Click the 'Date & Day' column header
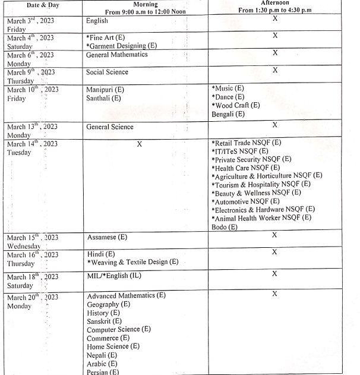33,5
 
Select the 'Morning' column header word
146,5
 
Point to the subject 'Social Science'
107,72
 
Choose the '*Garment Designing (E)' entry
121,45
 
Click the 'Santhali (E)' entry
104,98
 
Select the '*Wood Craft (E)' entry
236,105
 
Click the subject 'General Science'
110,127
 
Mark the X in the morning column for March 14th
139,144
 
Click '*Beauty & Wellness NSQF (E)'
256,193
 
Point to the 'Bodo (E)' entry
225,226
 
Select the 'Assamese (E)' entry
107,237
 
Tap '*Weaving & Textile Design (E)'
132,262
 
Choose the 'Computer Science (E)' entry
119,329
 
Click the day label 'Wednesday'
24,245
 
